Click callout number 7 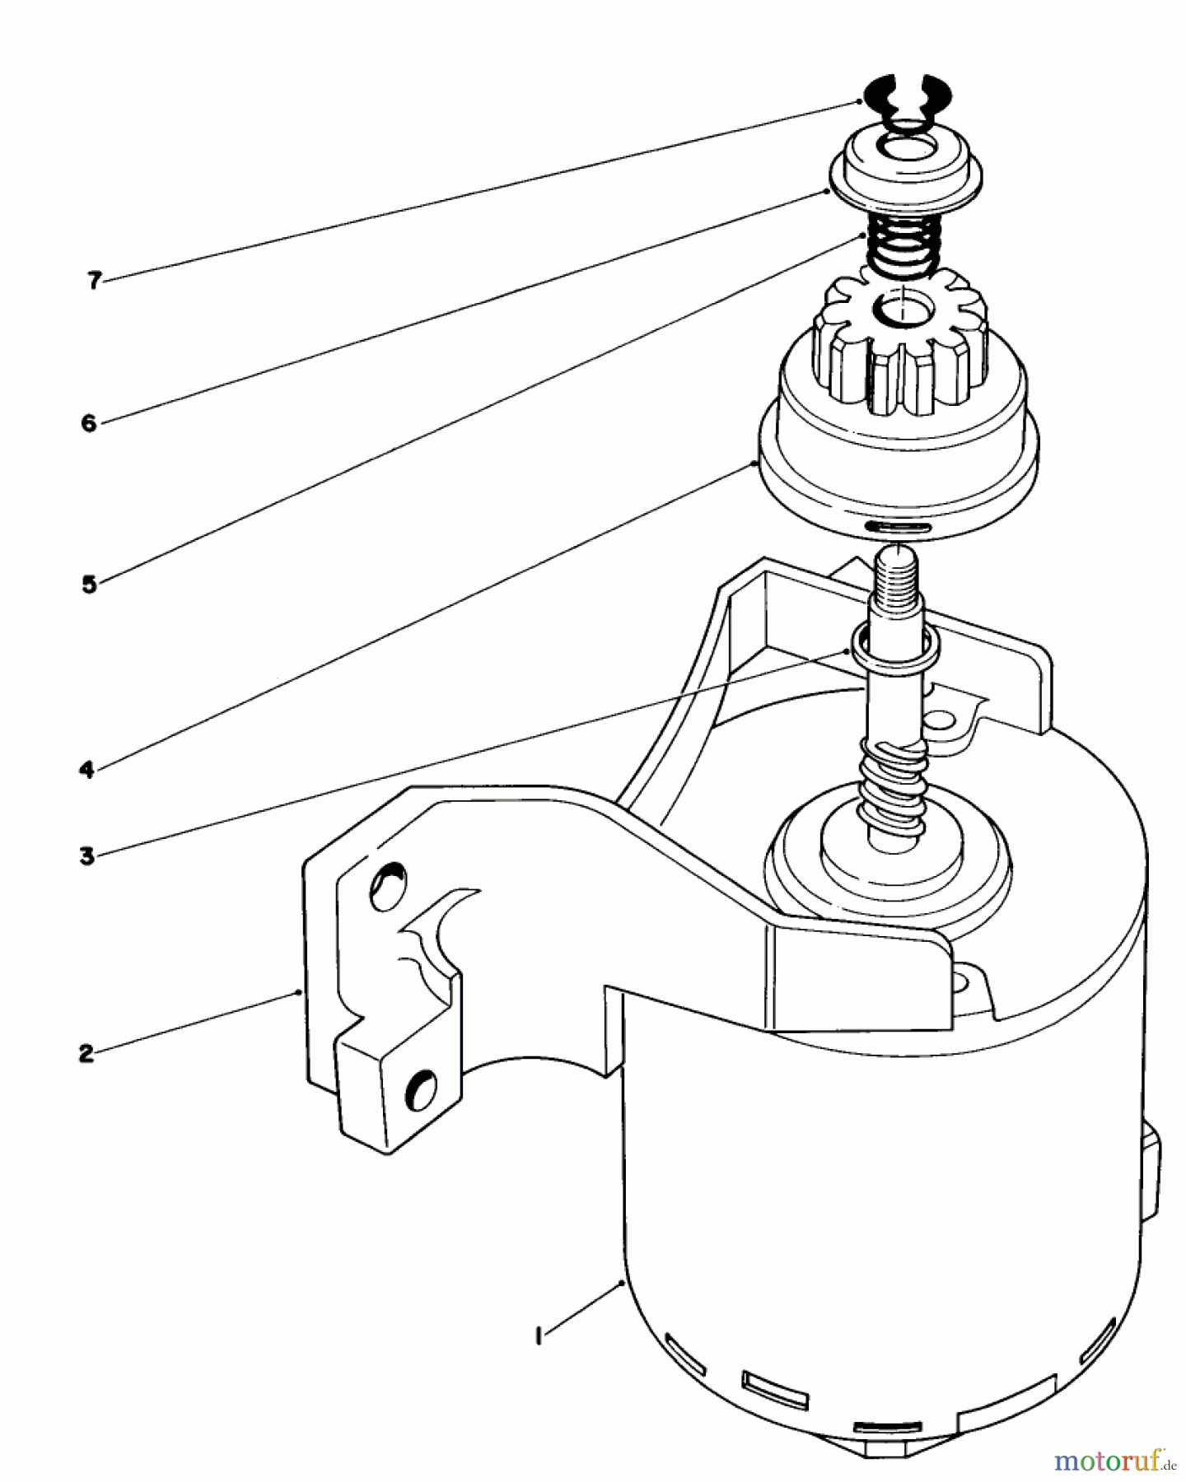(x=94, y=281)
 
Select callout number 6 (x=89, y=423)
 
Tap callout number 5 (x=89, y=585)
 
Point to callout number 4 (x=87, y=771)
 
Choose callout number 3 (x=87, y=856)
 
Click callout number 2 (x=86, y=1053)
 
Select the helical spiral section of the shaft (x=893, y=782)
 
